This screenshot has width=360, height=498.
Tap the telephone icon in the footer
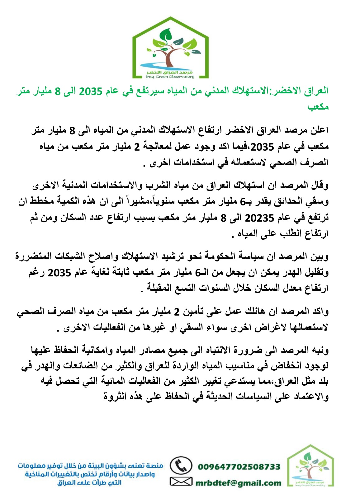[180, 466]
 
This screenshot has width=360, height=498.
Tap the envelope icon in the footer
[181, 482]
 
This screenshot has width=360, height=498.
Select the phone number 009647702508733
[239, 467]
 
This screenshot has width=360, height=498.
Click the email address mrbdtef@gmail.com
[239, 483]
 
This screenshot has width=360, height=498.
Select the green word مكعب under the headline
[318, 107]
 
